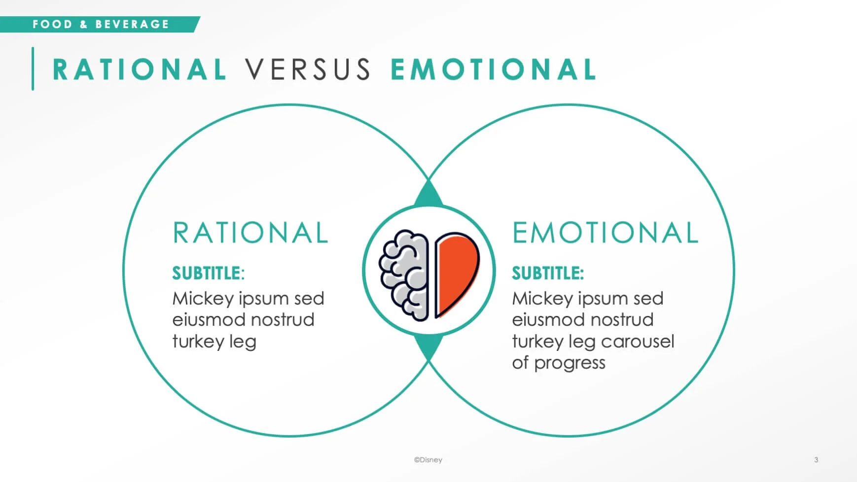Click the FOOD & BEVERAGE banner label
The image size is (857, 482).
tap(101, 24)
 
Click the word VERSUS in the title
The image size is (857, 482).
tap(308, 69)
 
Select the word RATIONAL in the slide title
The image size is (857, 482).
tap(140, 69)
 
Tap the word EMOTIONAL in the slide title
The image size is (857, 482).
tap(493, 69)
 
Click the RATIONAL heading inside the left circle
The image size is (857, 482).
tap(250, 233)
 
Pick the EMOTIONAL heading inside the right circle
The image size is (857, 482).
tap(605, 233)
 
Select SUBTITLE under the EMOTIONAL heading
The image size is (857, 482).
tap(547, 273)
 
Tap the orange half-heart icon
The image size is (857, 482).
tap(455, 274)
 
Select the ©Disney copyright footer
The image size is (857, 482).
tap(428, 460)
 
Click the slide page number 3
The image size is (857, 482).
tap(816, 460)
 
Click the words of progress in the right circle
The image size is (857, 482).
tap(558, 363)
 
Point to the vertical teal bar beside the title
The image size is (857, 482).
tap(33, 69)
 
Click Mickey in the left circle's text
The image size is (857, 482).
tap(203, 299)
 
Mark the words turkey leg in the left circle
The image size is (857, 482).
tap(214, 342)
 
